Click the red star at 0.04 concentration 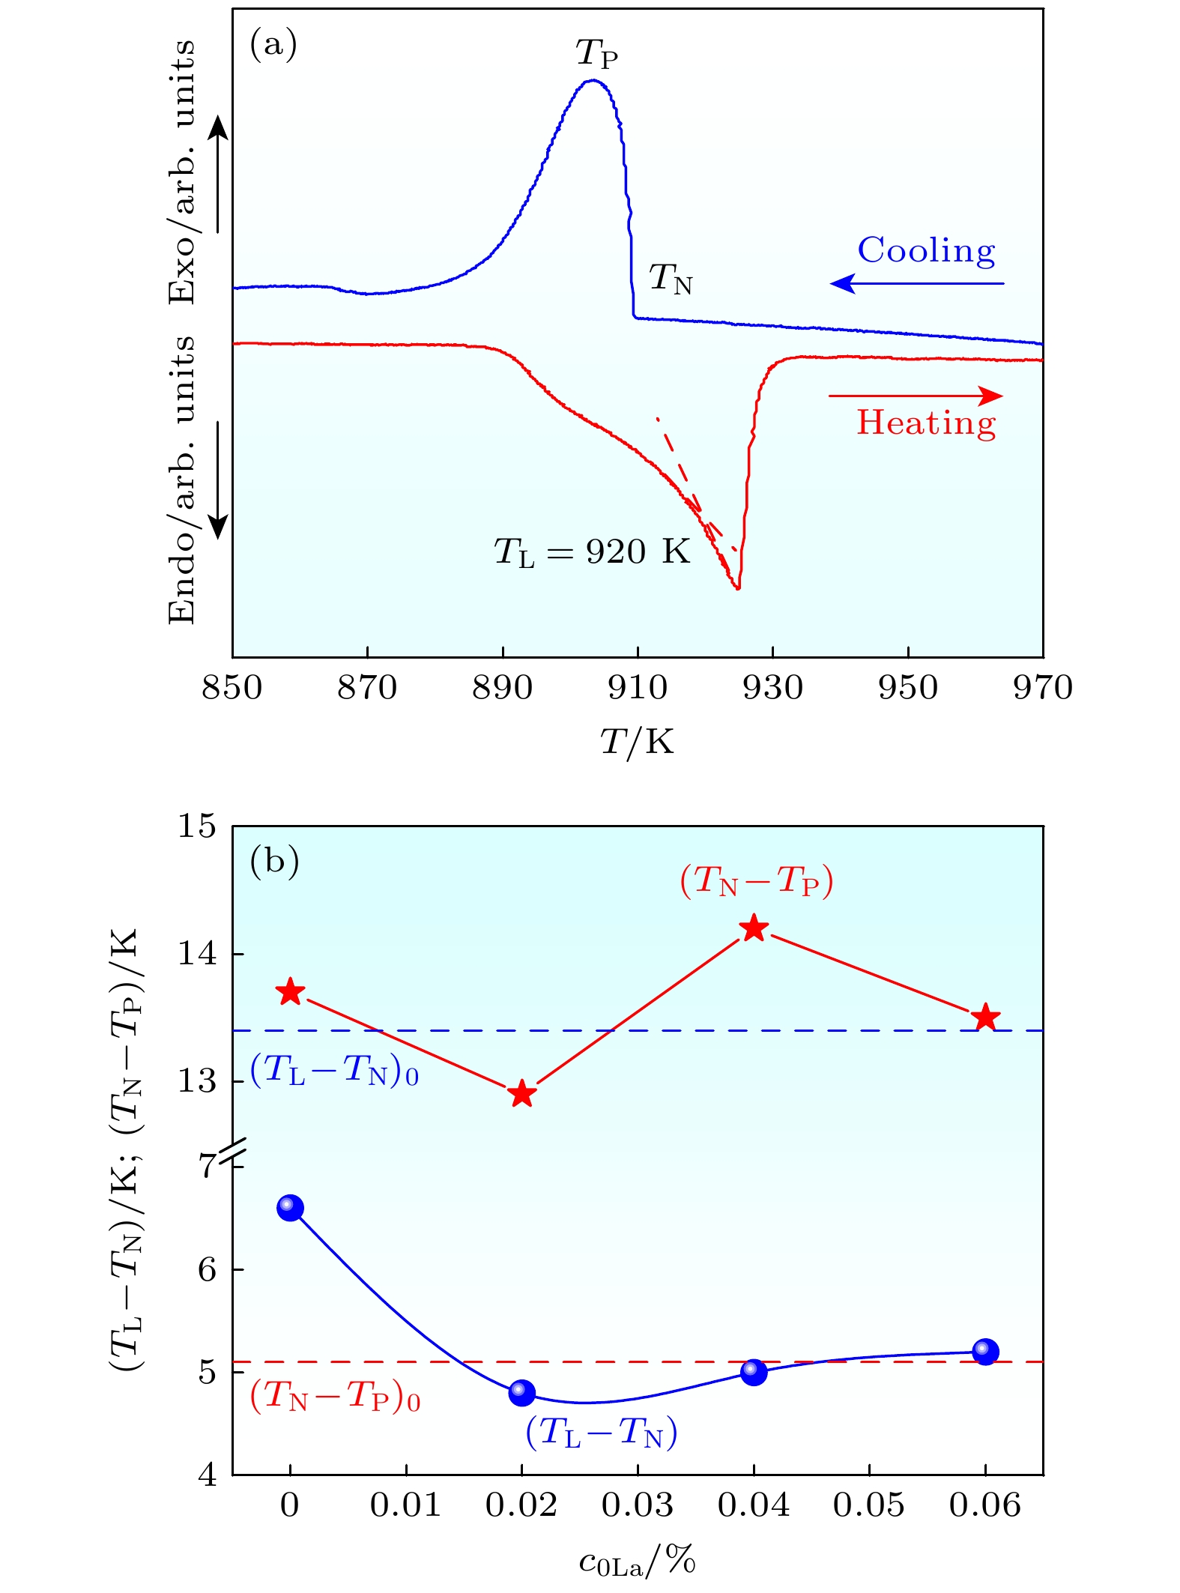(x=754, y=928)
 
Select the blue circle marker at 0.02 (x=522, y=1393)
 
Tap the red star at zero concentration (x=291, y=993)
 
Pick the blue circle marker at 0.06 (x=985, y=1351)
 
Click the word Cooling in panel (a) (x=926, y=251)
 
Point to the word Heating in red (x=926, y=423)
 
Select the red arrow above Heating (x=916, y=396)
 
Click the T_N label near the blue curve (x=671, y=279)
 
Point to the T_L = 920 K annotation (x=592, y=552)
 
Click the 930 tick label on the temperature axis (x=772, y=688)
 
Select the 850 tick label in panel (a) (x=232, y=688)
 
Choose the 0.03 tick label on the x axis (x=638, y=1505)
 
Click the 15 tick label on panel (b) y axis (x=196, y=826)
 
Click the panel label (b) (x=274, y=861)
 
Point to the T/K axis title (x=637, y=743)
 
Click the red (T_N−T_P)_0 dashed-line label (x=335, y=1396)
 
